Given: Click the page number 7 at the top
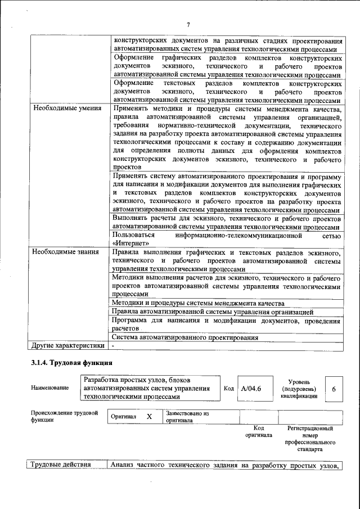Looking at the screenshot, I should point(188,24).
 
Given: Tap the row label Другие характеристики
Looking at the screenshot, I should point(67,345).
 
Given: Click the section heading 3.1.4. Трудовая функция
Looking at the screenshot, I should point(72,363).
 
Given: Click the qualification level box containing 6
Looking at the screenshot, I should point(334,389).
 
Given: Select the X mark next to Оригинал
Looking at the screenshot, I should point(149,417).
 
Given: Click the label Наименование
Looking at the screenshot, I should point(50,388).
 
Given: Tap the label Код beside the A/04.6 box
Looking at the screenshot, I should point(228,388).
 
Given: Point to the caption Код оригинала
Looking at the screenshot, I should point(259,431).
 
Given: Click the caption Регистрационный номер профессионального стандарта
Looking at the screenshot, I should point(310,439).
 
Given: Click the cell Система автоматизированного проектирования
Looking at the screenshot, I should point(185,337).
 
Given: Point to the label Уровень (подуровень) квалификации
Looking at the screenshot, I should point(298,389).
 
